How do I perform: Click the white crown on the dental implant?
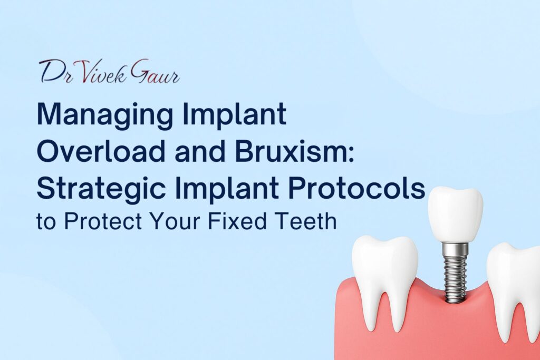point(455,214)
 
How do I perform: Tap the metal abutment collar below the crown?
point(455,248)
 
